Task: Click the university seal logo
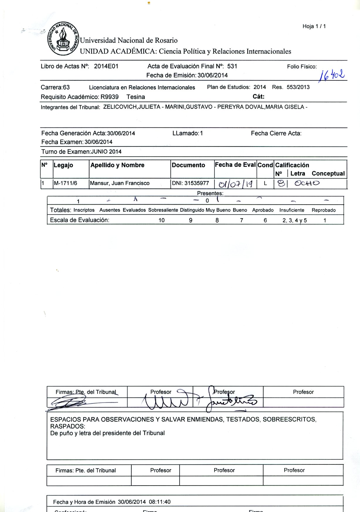(63, 38)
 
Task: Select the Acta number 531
(232, 66)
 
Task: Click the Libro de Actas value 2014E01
(106, 66)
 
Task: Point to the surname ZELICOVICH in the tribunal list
(120, 107)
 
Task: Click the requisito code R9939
(109, 97)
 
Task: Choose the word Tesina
(136, 97)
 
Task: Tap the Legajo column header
(63, 165)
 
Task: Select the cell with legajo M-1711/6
(65, 183)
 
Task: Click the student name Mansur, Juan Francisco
(120, 183)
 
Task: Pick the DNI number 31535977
(197, 183)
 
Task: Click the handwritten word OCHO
(307, 183)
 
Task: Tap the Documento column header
(188, 165)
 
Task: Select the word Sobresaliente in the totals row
(163, 210)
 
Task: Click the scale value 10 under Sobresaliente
(161, 220)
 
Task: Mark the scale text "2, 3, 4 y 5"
(295, 220)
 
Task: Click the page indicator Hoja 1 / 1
(314, 26)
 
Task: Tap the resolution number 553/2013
(298, 87)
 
